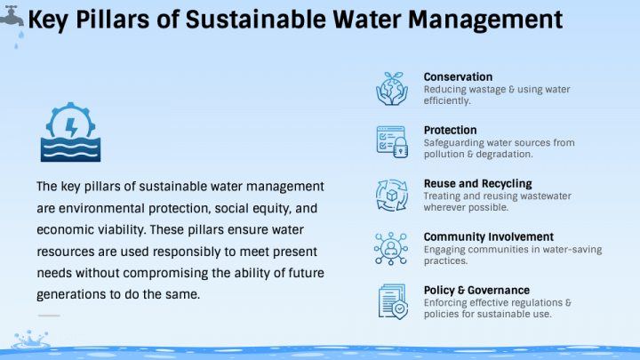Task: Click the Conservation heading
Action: pyautogui.click(x=458, y=77)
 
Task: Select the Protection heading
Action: pyautogui.click(x=450, y=131)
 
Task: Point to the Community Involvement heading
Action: pyautogui.click(x=488, y=237)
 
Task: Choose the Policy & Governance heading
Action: pyautogui.click(x=476, y=291)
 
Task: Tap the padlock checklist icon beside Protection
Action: pyautogui.click(x=391, y=140)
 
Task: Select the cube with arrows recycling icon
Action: pyautogui.click(x=391, y=194)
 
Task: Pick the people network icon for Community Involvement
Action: pyautogui.click(x=391, y=247)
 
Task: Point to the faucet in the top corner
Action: pyautogui.click(x=12, y=17)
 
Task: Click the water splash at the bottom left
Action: pyautogui.click(x=31, y=340)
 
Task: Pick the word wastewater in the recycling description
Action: pyautogui.click(x=543, y=196)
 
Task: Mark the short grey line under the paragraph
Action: pyautogui.click(x=49, y=316)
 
